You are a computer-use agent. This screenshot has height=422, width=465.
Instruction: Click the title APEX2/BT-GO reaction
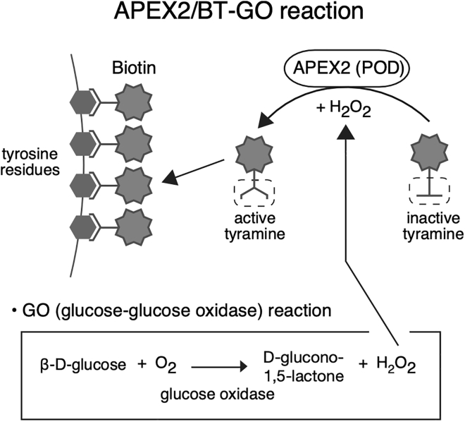pos(232,16)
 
